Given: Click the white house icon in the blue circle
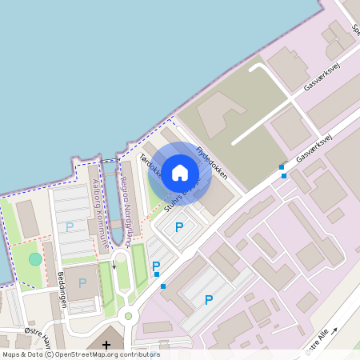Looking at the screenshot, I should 180,172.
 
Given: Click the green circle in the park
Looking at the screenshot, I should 34,258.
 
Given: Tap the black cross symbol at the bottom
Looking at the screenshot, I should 106,345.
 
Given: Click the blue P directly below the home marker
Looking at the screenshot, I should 179,228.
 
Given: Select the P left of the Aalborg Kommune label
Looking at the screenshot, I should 70,226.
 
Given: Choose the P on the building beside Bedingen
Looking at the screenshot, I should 82,282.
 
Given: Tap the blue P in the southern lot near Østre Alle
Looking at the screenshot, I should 209,300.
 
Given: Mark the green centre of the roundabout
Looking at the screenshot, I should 128,316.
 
